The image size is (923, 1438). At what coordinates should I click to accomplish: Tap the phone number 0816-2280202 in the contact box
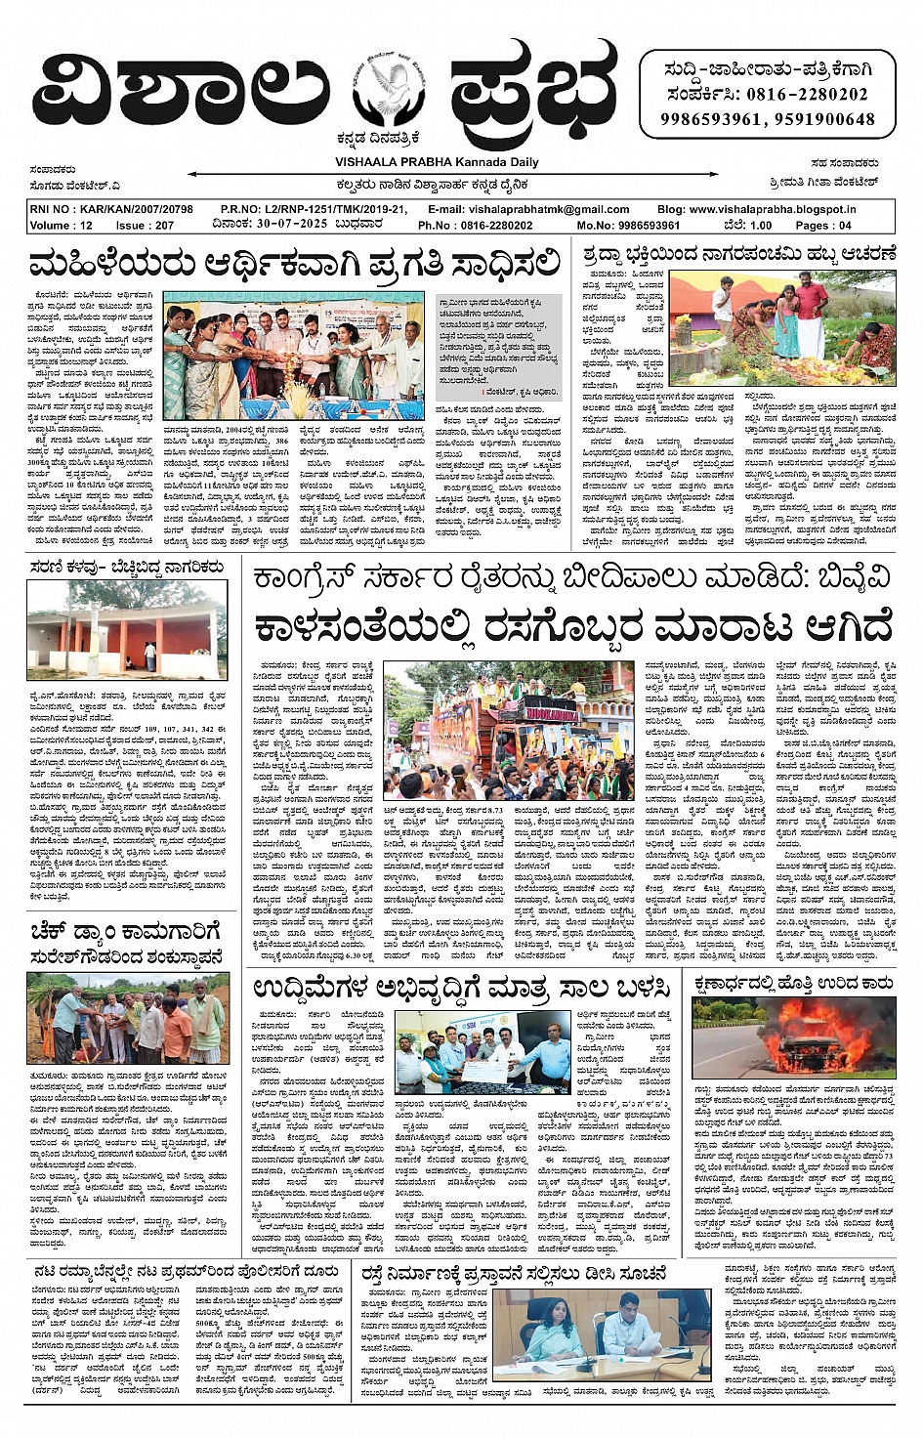808,95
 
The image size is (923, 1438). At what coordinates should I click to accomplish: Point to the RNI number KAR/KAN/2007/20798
111,209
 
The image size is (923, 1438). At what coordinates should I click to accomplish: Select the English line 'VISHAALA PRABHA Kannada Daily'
437,162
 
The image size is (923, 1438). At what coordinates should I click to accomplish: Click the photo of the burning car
794,1037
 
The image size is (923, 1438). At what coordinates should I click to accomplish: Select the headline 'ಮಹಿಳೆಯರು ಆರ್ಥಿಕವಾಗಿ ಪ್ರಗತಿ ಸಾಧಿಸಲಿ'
295,264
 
